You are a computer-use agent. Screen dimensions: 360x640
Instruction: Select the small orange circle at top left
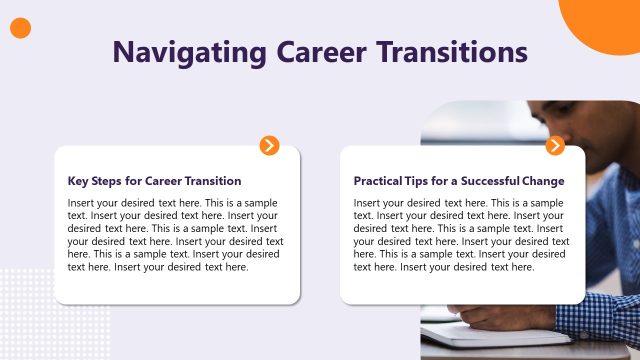[20, 28]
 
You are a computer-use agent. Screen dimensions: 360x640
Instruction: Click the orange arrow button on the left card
[269, 146]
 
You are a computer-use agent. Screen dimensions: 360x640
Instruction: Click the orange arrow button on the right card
[555, 146]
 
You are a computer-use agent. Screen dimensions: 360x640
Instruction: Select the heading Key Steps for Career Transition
[154, 181]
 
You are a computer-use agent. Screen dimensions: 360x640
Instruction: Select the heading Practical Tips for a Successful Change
[459, 181]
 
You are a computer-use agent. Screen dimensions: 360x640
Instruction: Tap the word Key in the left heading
[77, 181]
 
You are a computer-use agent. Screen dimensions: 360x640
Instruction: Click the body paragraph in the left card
[175, 235]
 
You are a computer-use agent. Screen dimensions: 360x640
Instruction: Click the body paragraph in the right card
[461, 235]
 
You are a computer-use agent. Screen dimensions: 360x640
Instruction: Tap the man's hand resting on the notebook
[500, 317]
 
